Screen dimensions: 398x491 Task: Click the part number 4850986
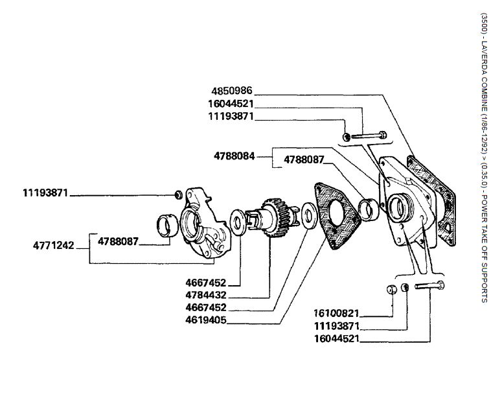point(231,91)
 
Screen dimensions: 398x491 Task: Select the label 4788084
point(234,156)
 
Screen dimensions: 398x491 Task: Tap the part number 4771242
point(54,246)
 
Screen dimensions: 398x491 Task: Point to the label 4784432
point(206,295)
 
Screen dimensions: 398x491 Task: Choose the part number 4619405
point(206,320)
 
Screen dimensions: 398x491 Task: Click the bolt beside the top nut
point(369,136)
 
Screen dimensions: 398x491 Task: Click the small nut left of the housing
point(177,194)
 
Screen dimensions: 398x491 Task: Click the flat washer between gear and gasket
point(308,214)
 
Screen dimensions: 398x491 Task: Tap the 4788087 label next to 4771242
point(119,241)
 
